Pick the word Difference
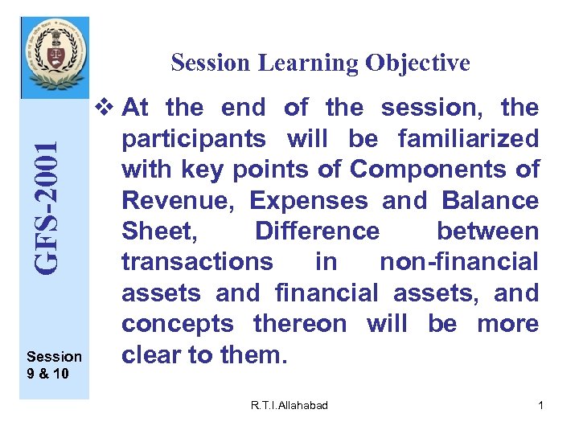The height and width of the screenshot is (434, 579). pyautogui.click(x=317, y=231)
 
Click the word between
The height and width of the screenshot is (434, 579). pyautogui.click(x=487, y=231)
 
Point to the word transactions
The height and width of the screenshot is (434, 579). pyautogui.click(x=197, y=262)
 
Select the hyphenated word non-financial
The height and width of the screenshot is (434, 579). pyautogui.click(x=458, y=262)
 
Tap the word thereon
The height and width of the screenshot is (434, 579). pyautogui.click(x=300, y=324)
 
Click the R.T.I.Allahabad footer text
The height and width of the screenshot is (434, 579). pyautogui.click(x=289, y=406)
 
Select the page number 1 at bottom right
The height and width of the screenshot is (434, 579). pyautogui.click(x=540, y=406)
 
